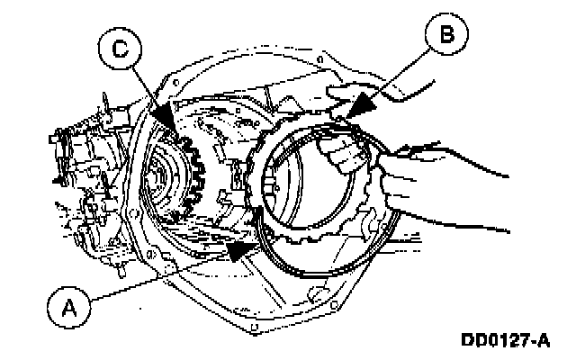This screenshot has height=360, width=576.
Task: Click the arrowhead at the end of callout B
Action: (x=354, y=111)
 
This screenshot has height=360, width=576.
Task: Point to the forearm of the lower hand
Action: (x=450, y=193)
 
